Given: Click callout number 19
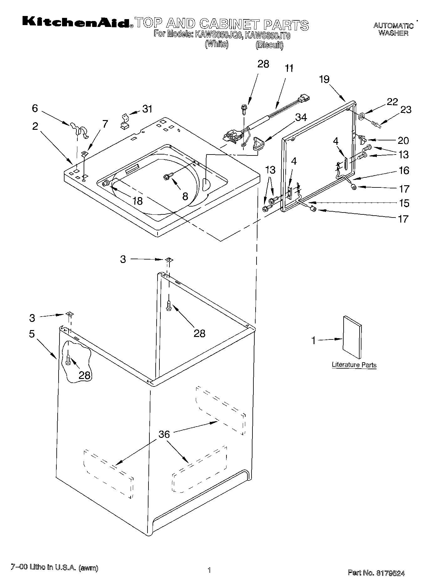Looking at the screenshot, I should coord(324,79).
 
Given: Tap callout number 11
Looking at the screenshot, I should coord(289,68).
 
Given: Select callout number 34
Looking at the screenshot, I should coord(301,117).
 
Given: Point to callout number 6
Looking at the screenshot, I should coord(35,108).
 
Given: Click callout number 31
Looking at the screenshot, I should coord(147,109).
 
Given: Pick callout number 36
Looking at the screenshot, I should coord(164,434).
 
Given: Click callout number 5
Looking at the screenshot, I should coord(32,334).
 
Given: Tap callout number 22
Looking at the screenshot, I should coord(392,102).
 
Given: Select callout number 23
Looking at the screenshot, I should coord(406,110).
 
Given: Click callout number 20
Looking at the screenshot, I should coord(403,141).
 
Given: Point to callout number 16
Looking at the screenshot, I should coord(404,171).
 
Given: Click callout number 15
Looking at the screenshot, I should coord(404,203).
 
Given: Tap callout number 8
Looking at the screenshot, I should coord(185,196).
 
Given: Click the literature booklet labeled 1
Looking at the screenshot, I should coord(352,337).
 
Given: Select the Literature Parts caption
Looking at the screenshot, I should coord(354,365).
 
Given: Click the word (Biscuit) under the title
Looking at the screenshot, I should coord(269,45).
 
